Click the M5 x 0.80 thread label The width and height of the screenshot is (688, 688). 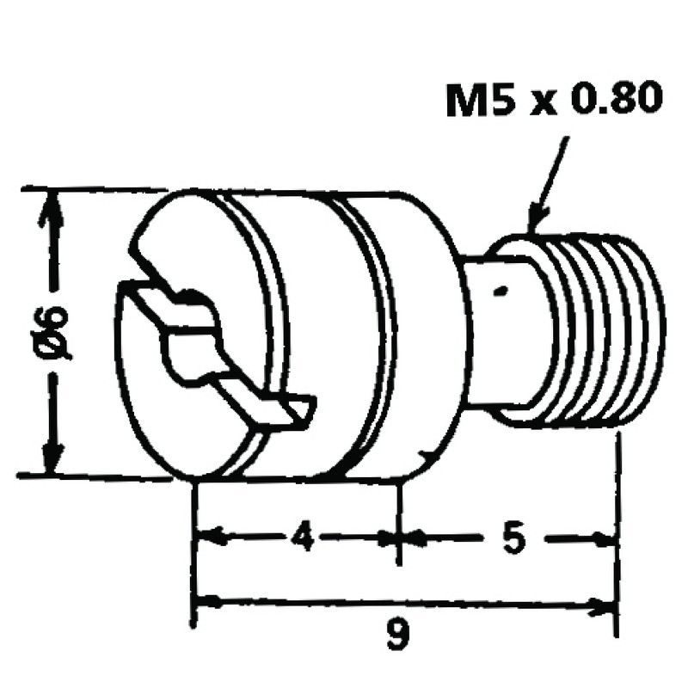point(554,102)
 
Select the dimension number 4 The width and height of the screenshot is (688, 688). point(300,538)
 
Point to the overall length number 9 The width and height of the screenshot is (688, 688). point(397,636)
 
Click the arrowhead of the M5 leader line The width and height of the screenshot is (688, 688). point(536,222)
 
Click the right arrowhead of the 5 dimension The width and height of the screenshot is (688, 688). point(607,539)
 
